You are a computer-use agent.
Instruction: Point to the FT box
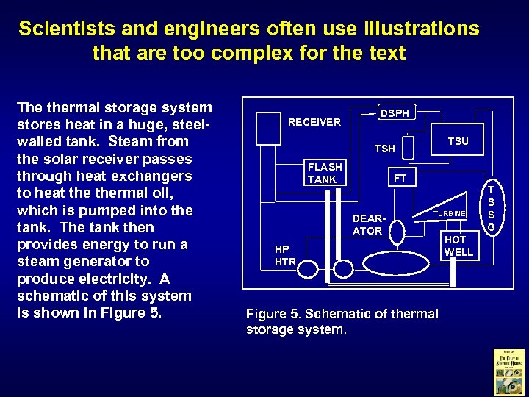pyautogui.click(x=400, y=178)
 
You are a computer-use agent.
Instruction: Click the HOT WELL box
pyautogui.click(x=459, y=246)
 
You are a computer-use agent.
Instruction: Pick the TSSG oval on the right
pyautogui.click(x=492, y=208)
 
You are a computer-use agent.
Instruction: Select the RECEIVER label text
pyautogui.click(x=314, y=122)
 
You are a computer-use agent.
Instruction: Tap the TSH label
pyautogui.click(x=385, y=149)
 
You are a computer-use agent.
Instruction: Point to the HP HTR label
pyautogui.click(x=285, y=255)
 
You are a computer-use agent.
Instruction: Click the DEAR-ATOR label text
pyautogui.click(x=367, y=225)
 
